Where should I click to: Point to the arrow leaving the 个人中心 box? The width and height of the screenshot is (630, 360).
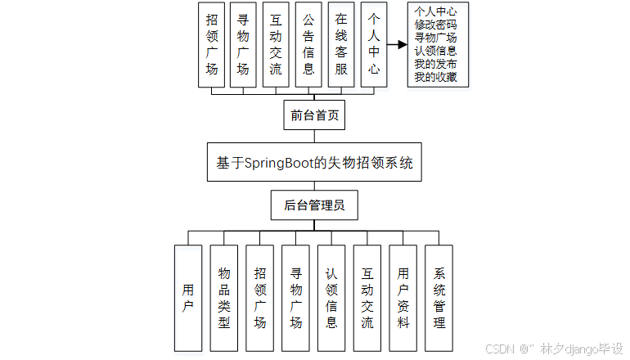(397, 47)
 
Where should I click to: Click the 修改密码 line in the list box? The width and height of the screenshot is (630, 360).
(437, 24)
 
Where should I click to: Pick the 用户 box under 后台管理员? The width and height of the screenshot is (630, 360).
(188, 297)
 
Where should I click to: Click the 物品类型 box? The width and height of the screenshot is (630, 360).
(224, 297)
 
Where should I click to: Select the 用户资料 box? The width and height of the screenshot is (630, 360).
(403, 297)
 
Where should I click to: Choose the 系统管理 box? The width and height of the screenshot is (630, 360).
(439, 297)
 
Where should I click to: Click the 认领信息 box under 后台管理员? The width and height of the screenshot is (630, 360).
(331, 297)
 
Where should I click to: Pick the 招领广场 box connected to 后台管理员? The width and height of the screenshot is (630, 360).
(259, 297)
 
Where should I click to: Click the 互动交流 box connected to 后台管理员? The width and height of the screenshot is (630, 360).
(367, 297)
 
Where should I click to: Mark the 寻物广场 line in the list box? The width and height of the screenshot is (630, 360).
(437, 38)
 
